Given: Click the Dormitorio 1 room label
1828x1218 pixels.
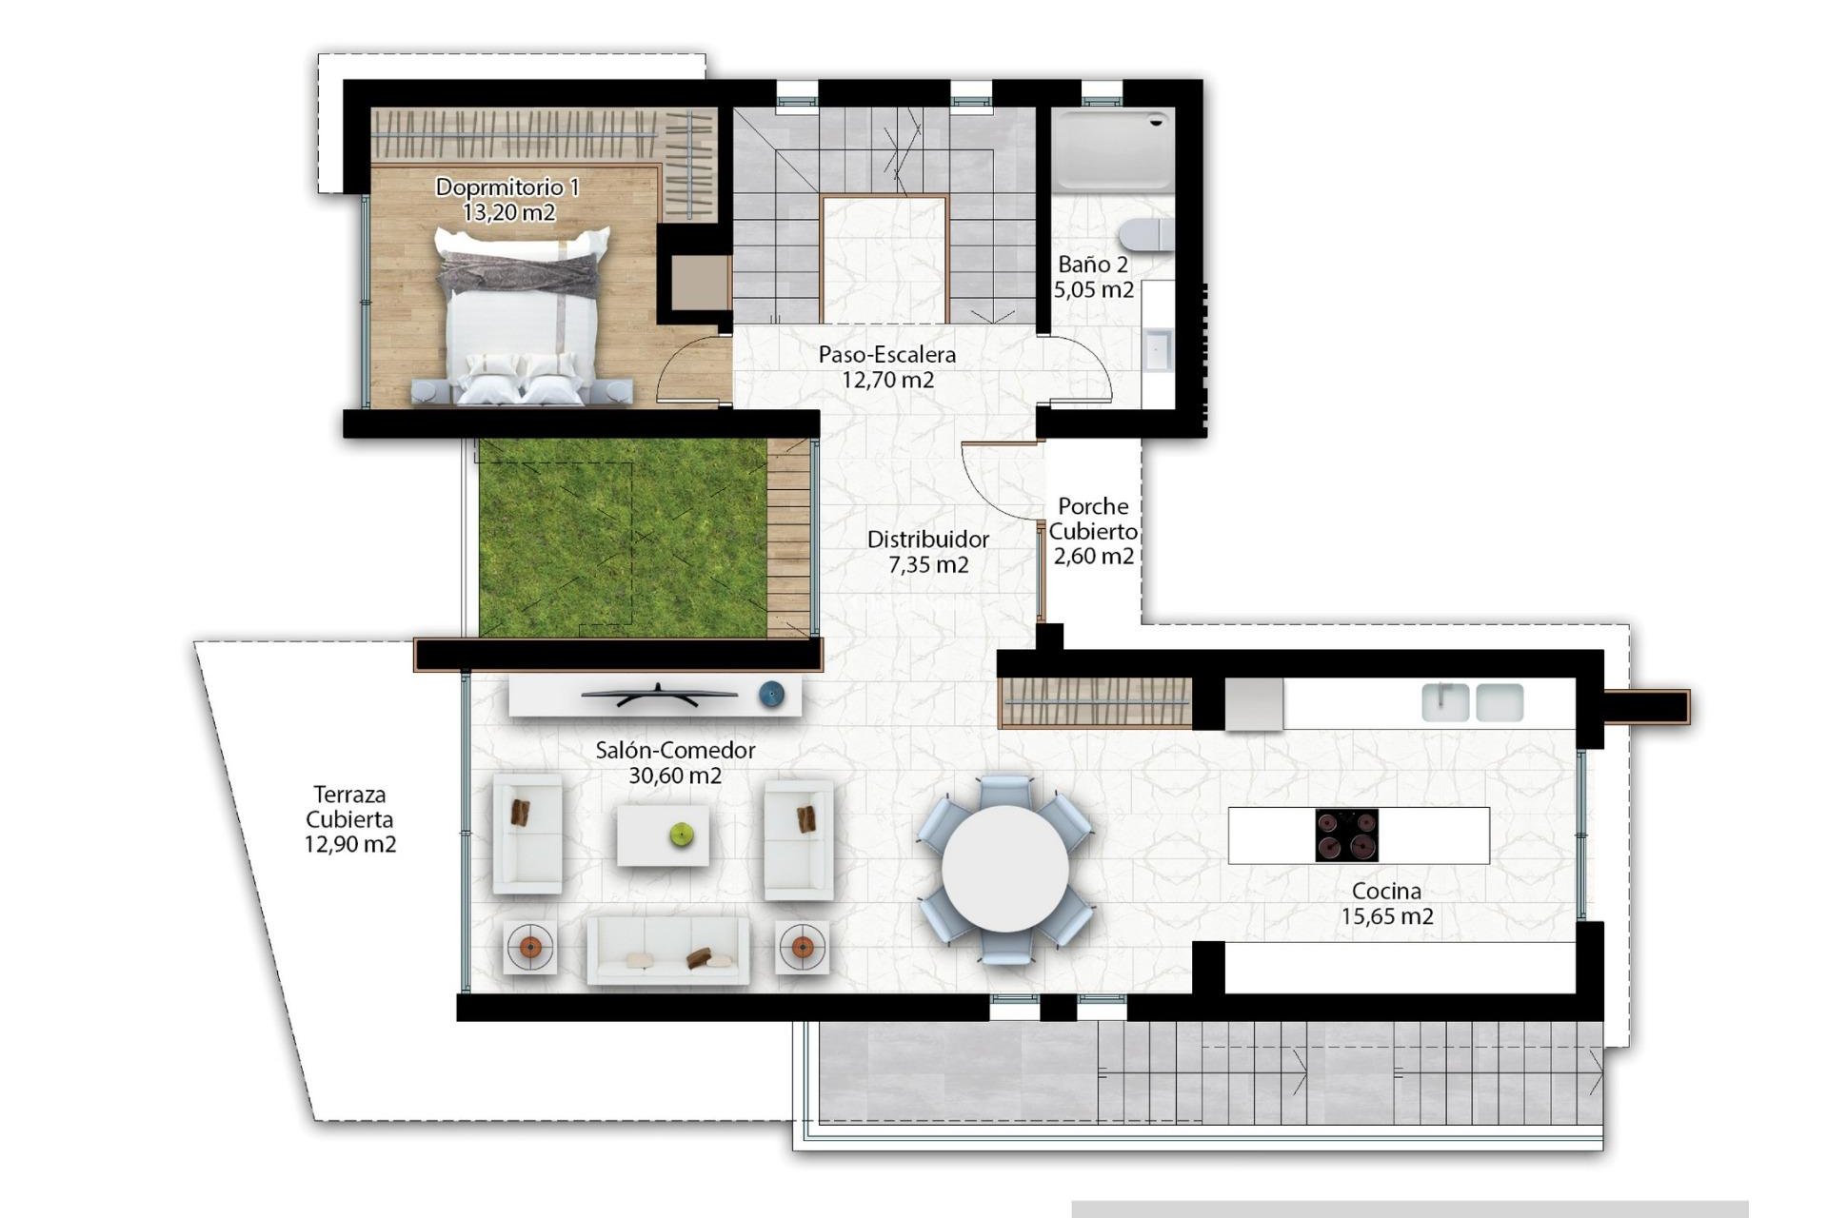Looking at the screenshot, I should coord(507,199).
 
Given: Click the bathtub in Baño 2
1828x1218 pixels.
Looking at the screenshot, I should coord(1113,150).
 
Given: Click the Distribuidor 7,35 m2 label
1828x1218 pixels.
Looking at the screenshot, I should coord(928,552).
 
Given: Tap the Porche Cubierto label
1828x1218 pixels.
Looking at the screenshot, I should coord(1093,531).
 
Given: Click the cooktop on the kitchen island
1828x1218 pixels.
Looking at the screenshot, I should coord(1346,835).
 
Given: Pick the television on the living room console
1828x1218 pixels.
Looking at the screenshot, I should coord(659,696).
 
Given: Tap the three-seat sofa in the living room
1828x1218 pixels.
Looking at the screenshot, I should coord(667,950).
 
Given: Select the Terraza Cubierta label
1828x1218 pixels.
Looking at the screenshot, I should coord(349,819).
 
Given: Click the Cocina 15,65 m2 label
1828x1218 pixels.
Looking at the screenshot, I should coord(1387,904).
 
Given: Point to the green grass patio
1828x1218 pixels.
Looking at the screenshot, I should coord(622,538).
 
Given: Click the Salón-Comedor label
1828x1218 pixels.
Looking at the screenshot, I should coord(675,762).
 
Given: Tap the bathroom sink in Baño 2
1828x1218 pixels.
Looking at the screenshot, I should coord(1159,349).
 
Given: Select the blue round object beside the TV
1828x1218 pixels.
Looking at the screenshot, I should coord(771,696).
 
